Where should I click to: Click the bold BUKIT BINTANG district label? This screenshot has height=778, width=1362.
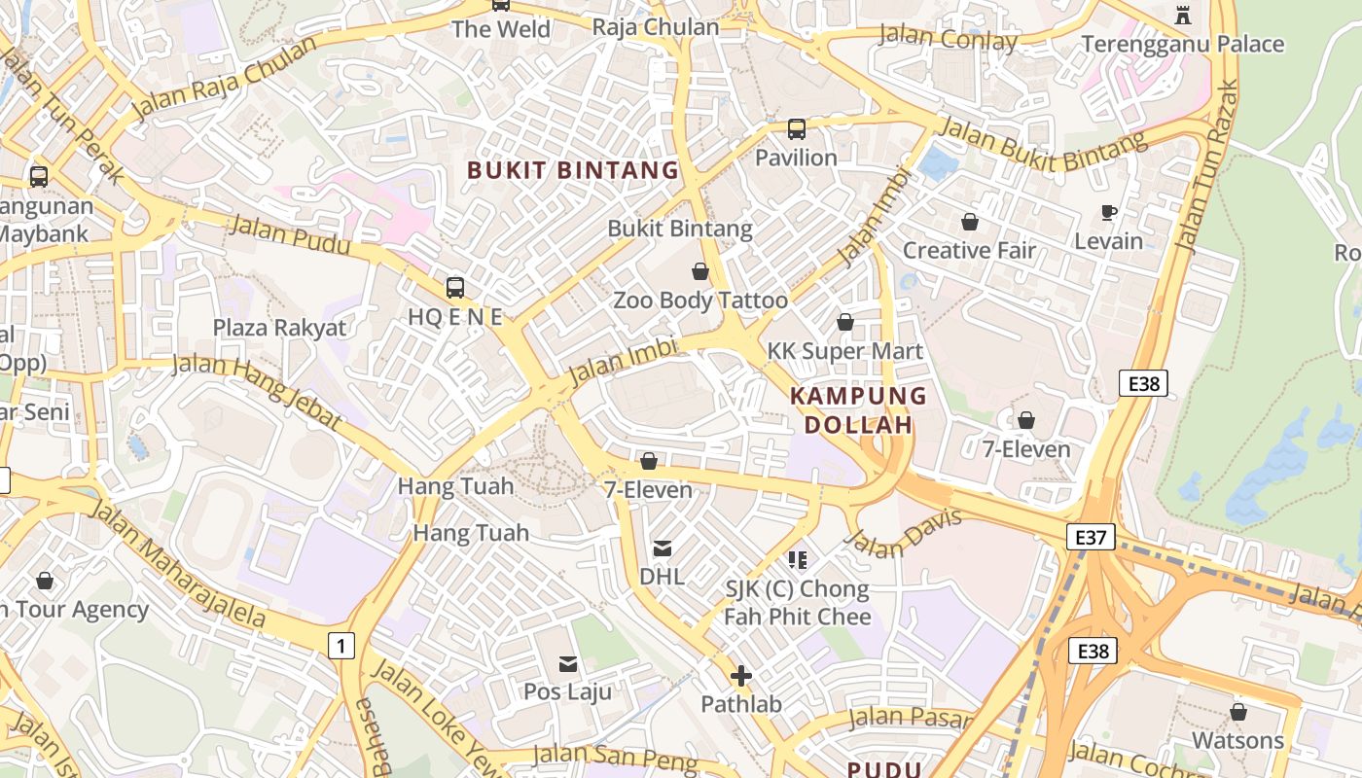point(573,170)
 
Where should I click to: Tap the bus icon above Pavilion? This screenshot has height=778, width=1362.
point(796,128)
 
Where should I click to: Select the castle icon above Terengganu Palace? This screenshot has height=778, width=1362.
point(1182,15)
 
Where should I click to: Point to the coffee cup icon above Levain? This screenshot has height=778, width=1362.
point(1108,212)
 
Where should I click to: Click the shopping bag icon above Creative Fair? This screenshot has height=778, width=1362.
point(969,222)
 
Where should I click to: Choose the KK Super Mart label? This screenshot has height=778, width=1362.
point(844,351)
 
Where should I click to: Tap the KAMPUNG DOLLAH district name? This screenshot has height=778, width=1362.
point(858,410)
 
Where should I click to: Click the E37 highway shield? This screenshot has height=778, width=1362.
point(1090,537)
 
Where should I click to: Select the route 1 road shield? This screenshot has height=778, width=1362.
point(340,645)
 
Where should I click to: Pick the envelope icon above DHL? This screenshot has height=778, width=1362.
point(663,548)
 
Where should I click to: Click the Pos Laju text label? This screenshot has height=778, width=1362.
point(568,691)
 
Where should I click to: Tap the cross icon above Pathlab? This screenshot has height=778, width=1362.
point(741,675)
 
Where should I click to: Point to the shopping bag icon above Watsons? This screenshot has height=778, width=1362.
point(1237,712)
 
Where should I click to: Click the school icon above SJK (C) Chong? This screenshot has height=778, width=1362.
point(798,560)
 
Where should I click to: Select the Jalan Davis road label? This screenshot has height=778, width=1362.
point(904,534)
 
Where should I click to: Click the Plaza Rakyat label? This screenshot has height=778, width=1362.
point(279,328)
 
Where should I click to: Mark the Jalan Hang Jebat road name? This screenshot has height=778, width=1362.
point(257,392)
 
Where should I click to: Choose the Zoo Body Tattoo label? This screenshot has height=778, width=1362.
point(699,301)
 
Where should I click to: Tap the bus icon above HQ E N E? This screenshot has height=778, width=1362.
point(454,287)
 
